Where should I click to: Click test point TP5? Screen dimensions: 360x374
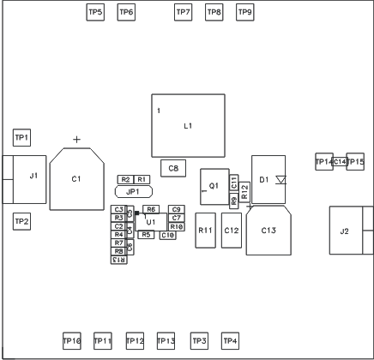point(95,12)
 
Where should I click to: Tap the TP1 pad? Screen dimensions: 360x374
point(21,137)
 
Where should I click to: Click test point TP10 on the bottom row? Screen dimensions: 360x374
point(72,341)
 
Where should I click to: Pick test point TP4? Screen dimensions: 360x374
point(229,341)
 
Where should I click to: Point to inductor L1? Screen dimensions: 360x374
point(188,127)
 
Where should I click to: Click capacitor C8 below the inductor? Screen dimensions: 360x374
point(174,168)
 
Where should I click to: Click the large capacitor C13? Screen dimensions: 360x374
point(268,231)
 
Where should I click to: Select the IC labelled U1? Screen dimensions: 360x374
point(151,222)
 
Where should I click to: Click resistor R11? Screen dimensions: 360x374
point(205,231)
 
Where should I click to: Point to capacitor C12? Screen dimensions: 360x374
point(231,231)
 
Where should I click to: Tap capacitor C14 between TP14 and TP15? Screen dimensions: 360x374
point(340,162)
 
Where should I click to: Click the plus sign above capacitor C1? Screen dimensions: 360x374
point(77,140)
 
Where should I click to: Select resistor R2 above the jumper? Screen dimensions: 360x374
point(125,178)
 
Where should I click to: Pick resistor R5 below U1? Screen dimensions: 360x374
point(146,235)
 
